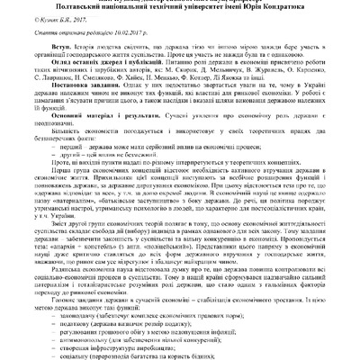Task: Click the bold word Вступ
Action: coord(64,53)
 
